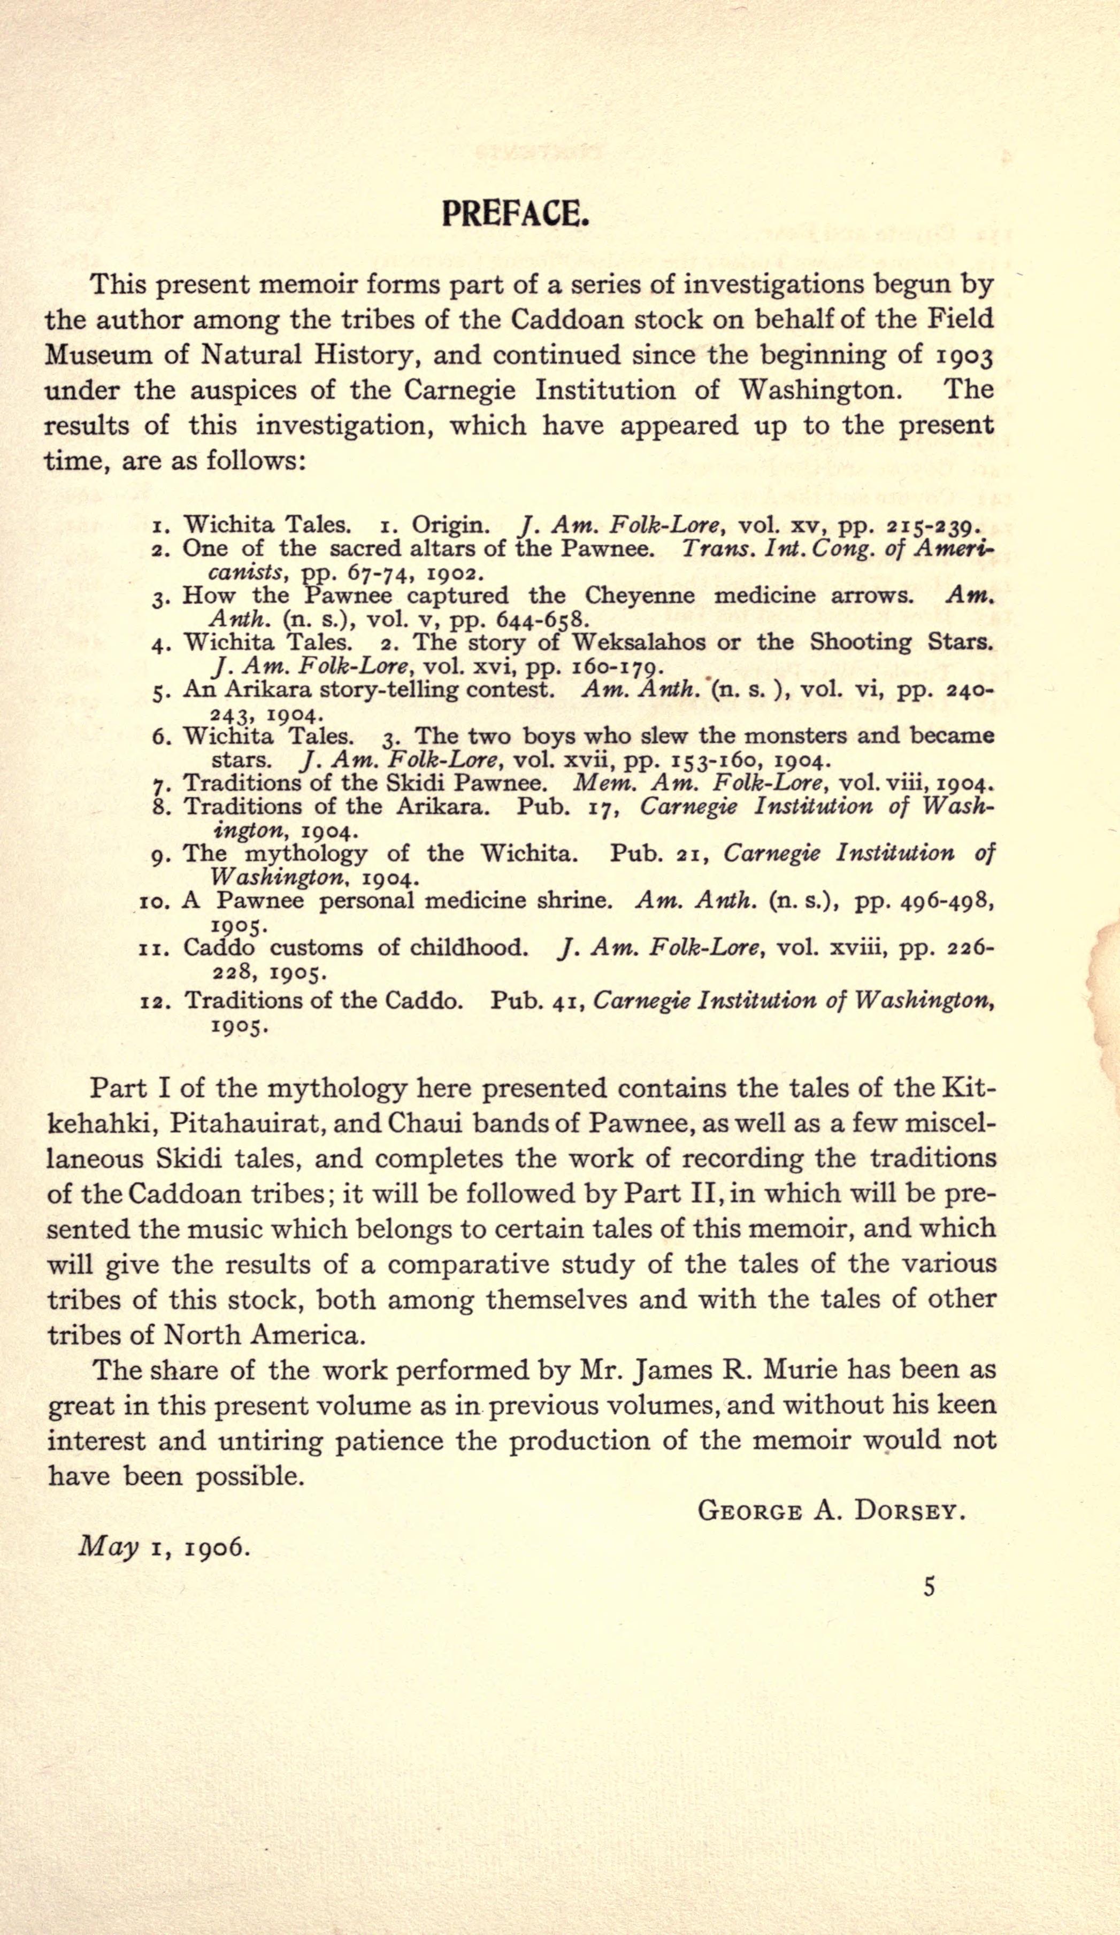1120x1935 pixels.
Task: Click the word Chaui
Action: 428,1124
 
